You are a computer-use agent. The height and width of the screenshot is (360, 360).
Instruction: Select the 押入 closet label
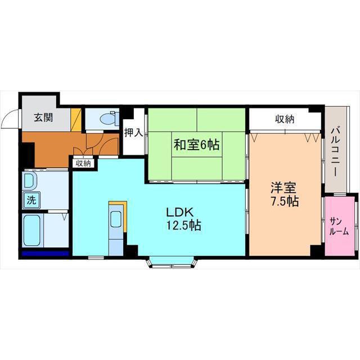133,133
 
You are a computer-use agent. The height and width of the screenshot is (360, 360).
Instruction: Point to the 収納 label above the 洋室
285,119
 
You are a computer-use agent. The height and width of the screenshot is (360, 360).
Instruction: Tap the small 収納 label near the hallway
83,163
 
